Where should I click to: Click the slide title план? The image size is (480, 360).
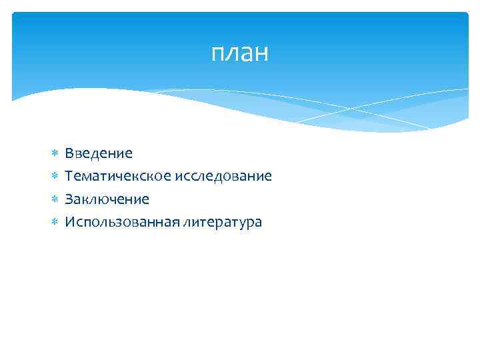pos(240,53)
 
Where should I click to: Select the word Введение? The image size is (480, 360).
pos(99,153)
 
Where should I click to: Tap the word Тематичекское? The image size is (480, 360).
pos(118,177)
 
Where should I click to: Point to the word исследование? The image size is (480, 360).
pos(223,177)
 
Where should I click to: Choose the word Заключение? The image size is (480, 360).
pos(107,199)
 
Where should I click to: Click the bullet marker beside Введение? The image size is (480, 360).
pos(55,154)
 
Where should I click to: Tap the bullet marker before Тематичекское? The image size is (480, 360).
pos(55,177)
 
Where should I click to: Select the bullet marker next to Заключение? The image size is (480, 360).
pos(55,199)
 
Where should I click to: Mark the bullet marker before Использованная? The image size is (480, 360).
pos(55,222)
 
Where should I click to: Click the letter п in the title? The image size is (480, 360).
pos(218,55)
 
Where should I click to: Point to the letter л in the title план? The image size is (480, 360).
pos(232,55)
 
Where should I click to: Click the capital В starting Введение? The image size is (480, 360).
pos(69,153)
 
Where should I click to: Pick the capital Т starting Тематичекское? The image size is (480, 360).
pos(69,177)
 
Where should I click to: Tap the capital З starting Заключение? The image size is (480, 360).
pos(69,199)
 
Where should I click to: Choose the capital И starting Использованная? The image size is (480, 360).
pos(69,222)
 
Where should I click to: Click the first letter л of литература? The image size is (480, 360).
pos(186,223)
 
